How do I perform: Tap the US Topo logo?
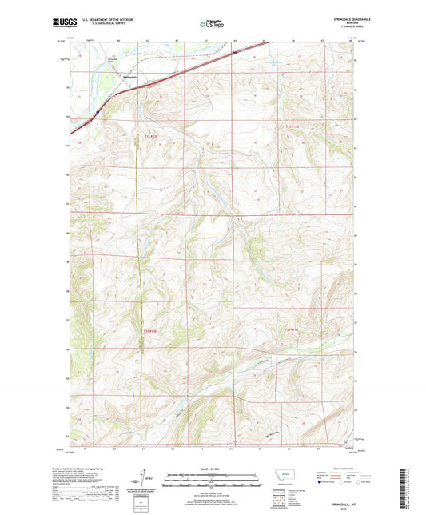point(213,25)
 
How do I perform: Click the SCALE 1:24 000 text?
point(213,468)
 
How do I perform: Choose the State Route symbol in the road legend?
point(358,482)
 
